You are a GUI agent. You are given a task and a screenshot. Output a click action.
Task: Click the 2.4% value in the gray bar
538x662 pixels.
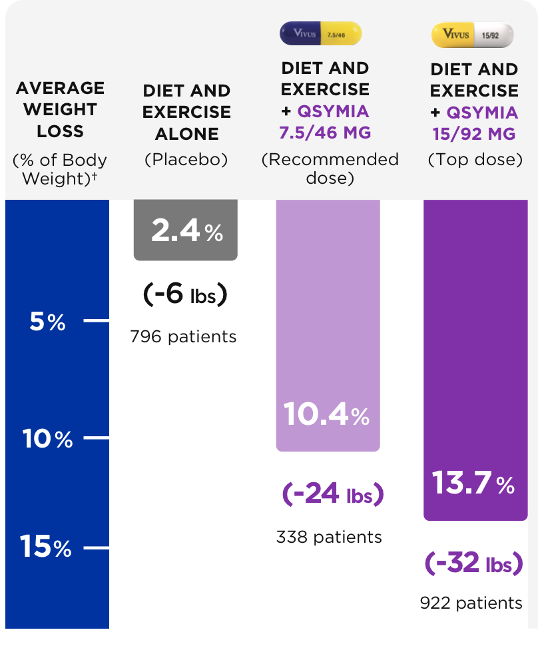(x=186, y=231)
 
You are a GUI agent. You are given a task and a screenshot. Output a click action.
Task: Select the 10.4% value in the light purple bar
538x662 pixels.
(x=326, y=415)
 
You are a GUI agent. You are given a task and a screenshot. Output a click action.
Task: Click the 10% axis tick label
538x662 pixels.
(x=47, y=440)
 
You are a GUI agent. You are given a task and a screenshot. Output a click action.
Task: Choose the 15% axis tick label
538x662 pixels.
(x=46, y=547)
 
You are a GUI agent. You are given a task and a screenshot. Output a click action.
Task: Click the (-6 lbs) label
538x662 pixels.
(x=185, y=294)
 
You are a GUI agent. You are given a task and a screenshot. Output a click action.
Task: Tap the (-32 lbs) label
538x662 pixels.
(x=473, y=563)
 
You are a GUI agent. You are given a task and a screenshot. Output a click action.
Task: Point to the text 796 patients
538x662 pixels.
(x=184, y=336)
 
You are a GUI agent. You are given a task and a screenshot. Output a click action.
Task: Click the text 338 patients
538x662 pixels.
(x=329, y=537)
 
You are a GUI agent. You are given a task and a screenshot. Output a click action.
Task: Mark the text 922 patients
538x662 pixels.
(x=471, y=603)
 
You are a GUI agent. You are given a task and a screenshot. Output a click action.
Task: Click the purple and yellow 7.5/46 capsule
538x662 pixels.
(x=321, y=34)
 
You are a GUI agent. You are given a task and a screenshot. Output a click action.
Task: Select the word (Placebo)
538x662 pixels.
(x=186, y=160)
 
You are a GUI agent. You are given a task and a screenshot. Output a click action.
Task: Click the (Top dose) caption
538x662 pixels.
(x=475, y=161)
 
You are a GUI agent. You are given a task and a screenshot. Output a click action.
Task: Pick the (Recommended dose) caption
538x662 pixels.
(x=330, y=169)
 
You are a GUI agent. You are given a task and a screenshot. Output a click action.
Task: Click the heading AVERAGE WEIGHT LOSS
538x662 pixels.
(x=60, y=110)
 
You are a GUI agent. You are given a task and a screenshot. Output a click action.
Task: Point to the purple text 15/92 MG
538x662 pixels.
(x=473, y=134)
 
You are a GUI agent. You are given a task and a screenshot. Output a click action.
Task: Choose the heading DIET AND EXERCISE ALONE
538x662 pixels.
(x=186, y=112)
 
